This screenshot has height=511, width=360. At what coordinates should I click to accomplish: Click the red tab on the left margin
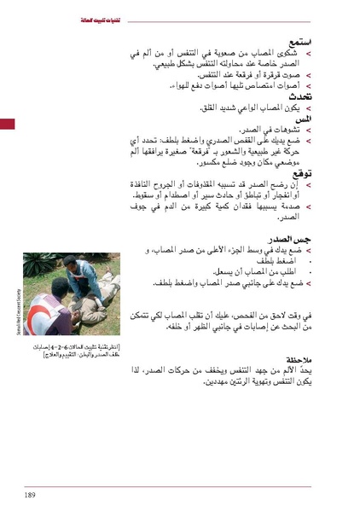click(7, 125)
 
